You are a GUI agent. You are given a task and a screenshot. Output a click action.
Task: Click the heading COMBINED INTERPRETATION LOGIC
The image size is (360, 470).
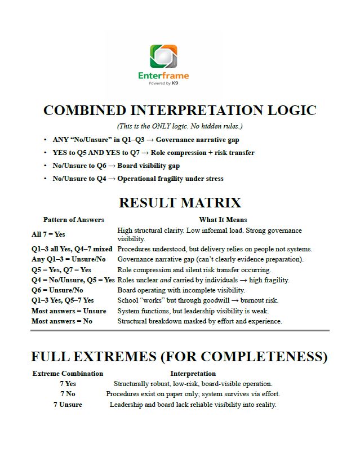click(180, 110)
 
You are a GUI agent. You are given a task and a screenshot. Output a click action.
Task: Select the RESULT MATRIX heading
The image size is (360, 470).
click(180, 203)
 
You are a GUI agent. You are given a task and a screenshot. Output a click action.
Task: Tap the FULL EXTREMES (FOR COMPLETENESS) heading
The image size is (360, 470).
click(179, 357)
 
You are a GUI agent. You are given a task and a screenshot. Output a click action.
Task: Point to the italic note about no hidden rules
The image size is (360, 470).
click(180, 126)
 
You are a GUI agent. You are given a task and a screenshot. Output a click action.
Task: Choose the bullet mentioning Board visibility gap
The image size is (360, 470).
click(116, 166)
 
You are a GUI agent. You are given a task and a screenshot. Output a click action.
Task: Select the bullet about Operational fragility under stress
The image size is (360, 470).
click(138, 179)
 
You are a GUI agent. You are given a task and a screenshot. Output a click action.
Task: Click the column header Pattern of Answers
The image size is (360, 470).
click(73, 220)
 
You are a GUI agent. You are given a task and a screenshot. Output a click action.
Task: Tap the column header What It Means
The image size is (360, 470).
click(223, 220)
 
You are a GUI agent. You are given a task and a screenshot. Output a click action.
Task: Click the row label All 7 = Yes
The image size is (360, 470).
click(48, 234)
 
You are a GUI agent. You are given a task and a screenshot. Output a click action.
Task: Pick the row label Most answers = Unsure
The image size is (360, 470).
click(69, 311)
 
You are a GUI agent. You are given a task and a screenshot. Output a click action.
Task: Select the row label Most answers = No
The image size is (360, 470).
click(62, 321)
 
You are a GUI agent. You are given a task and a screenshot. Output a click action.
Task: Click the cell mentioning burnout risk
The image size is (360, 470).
click(198, 300)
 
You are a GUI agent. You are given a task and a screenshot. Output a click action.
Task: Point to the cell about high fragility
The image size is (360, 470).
click(203, 280)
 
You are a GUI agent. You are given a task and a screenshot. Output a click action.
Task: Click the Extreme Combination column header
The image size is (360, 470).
click(68, 374)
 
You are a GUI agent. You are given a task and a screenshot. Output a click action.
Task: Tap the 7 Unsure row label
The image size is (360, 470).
click(68, 405)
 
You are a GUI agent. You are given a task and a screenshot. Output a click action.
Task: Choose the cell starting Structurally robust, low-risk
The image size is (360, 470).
click(193, 384)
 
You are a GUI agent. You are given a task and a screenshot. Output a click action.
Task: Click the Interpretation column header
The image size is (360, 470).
click(193, 374)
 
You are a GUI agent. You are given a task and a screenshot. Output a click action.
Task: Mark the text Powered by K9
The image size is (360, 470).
click(163, 83)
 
